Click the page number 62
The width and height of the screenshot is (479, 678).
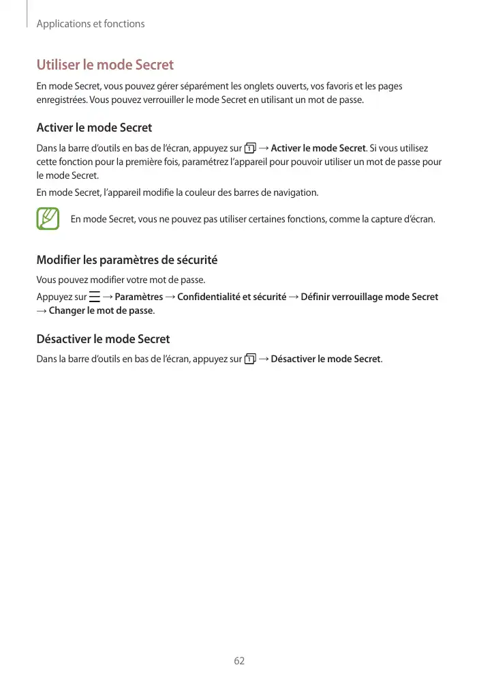click(x=239, y=661)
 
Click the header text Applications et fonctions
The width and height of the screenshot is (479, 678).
click(x=91, y=24)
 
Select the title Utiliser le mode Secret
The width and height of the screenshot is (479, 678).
click(x=105, y=65)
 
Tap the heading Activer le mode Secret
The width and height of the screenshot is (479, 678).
click(x=94, y=128)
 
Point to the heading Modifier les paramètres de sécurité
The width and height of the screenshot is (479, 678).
click(x=127, y=260)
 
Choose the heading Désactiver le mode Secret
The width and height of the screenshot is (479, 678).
click(x=103, y=339)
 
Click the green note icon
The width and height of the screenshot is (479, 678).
click(x=48, y=219)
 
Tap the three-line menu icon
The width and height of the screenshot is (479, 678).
click(x=94, y=297)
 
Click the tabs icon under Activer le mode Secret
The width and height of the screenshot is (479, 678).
click(x=250, y=149)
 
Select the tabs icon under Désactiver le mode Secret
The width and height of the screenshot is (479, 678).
click(x=250, y=359)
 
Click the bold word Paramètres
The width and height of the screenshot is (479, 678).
click(x=139, y=297)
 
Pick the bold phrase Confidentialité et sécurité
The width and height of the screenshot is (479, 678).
click(x=232, y=297)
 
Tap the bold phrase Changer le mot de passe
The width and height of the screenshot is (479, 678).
click(x=101, y=311)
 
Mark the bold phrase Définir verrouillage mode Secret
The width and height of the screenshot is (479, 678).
click(x=369, y=297)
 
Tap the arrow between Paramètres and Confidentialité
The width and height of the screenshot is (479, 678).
click(x=170, y=297)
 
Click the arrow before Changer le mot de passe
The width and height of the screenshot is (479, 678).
click(x=42, y=311)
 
